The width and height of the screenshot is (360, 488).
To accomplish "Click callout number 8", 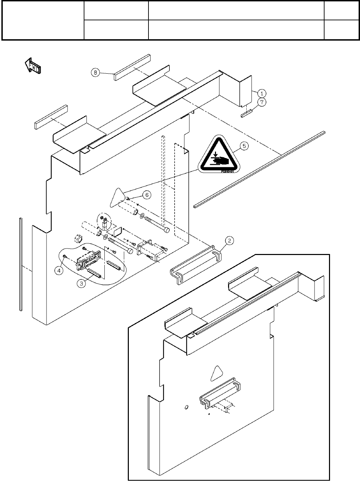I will [95, 72].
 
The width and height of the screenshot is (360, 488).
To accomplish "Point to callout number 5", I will [244, 146].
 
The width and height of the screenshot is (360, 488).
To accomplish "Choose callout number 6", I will [147, 195].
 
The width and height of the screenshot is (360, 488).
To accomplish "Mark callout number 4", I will [60, 271].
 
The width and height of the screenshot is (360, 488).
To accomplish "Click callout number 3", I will [81, 284].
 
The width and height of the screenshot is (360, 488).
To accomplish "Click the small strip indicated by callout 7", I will [247, 114].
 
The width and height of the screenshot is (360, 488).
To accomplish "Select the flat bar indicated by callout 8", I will [132, 67].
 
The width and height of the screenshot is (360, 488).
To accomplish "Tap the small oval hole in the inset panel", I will [186, 407].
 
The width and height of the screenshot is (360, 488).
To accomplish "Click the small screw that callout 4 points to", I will [65, 256].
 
